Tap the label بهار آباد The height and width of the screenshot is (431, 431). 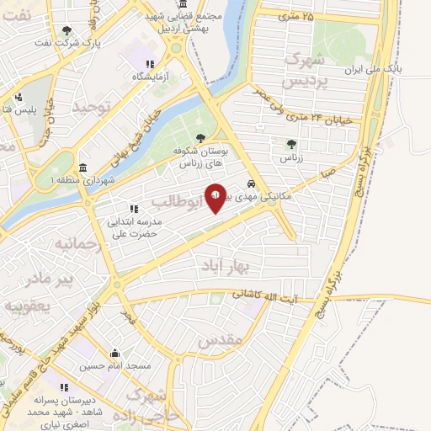click(x=227, y=267)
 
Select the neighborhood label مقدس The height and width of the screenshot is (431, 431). click(x=221, y=341)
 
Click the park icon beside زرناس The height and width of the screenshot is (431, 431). click(x=291, y=144)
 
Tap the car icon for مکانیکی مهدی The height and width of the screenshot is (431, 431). click(x=252, y=183)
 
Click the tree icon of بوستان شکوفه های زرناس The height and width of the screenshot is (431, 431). click(x=200, y=139)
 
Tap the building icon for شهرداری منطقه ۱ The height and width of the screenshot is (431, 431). click(x=82, y=167)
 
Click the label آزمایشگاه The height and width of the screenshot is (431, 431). click(x=150, y=77)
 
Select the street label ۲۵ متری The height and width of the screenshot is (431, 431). click(x=296, y=15)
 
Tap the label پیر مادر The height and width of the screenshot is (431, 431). click(x=50, y=277)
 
